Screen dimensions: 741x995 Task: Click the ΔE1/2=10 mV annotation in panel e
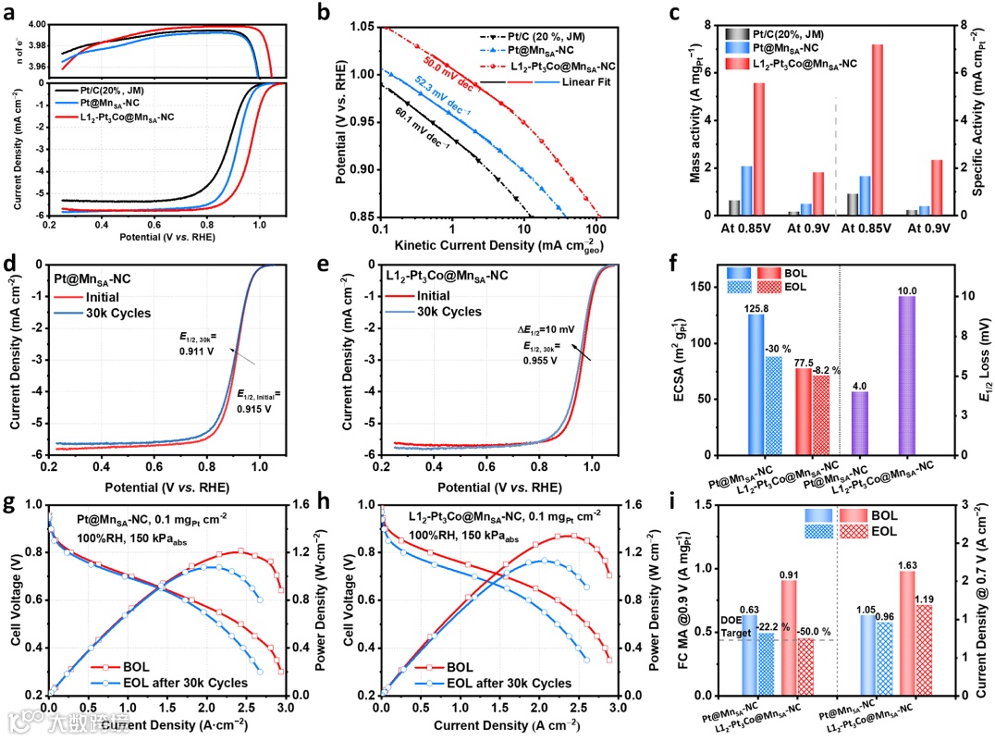[549, 330]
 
